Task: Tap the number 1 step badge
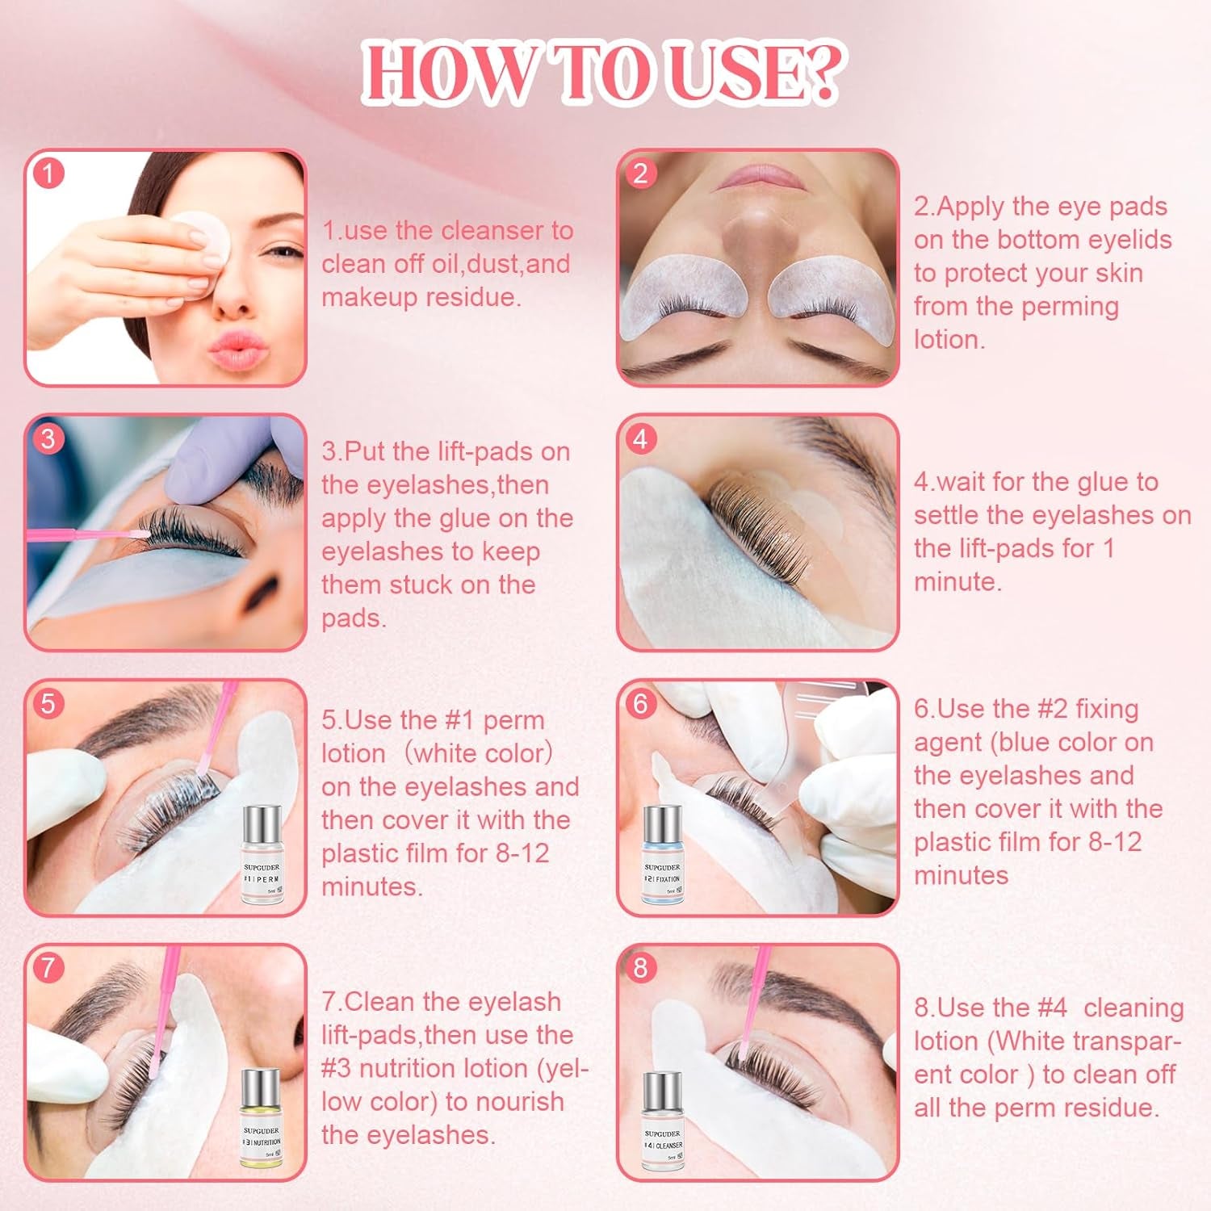48,174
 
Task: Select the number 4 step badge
640,438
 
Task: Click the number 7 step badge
48,966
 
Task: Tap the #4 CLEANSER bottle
663,1122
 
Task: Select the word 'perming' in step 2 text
1072,307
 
